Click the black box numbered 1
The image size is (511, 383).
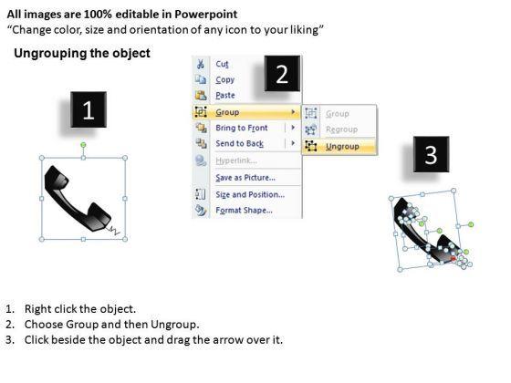[89, 109]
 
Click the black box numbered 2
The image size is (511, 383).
[282, 73]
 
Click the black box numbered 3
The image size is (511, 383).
[431, 154]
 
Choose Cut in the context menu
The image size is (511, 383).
[222, 64]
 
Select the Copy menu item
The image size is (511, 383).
[224, 80]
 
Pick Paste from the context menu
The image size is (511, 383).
[225, 95]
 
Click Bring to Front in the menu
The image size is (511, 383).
[242, 128]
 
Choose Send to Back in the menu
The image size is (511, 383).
[239, 143]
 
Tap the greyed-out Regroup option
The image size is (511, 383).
[341, 129]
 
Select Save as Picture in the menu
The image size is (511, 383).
[245, 178]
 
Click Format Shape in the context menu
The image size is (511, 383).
[245, 210]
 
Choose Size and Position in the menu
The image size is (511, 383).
[250, 194]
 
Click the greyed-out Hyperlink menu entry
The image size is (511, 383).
[236, 160]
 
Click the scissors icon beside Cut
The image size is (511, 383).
[201, 64]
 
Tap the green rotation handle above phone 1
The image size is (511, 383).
[83, 145]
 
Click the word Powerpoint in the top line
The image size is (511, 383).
[206, 14]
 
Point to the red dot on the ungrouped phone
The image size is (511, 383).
[453, 259]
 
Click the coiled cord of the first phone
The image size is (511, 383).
[113, 230]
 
